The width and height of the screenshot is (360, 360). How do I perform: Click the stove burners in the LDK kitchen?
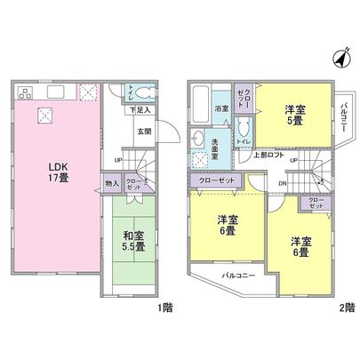[24, 92]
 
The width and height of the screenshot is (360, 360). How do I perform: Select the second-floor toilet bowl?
[243, 138]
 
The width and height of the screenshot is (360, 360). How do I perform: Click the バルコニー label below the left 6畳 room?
[239, 276]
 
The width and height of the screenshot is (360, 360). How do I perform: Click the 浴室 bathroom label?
[221, 108]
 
